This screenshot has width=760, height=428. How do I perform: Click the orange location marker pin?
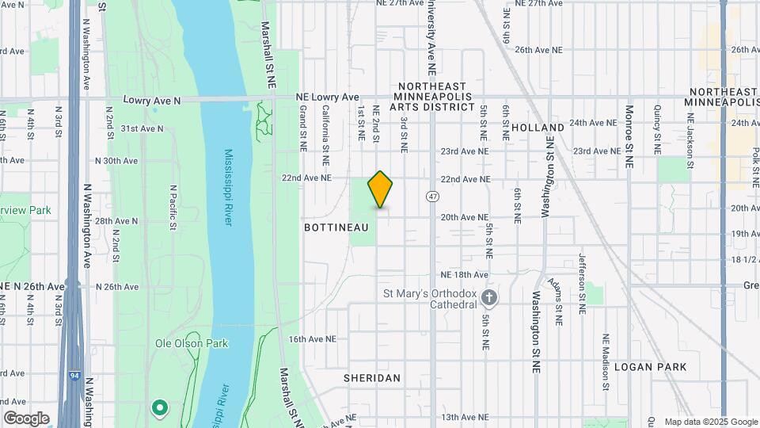[x=380, y=189]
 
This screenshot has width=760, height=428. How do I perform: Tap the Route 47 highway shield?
[x=432, y=196]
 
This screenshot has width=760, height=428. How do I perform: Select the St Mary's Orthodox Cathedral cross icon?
[x=490, y=298]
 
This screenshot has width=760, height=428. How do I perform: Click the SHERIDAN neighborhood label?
[x=371, y=378]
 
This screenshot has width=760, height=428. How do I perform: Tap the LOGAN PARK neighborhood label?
[x=650, y=367]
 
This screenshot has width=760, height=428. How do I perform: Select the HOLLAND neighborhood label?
[x=538, y=127]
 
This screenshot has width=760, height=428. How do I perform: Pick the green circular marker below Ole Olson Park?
[x=160, y=408]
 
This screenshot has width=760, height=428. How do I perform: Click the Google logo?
[x=26, y=418]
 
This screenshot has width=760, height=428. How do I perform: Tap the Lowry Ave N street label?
[x=152, y=101]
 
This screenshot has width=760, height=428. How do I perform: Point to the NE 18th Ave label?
[x=464, y=274]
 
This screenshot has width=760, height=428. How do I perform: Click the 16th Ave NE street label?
[x=312, y=338]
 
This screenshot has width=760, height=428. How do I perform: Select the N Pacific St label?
[x=173, y=208]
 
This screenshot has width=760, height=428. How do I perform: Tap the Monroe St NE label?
[x=629, y=128]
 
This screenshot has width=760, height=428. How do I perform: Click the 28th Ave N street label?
[x=117, y=221]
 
